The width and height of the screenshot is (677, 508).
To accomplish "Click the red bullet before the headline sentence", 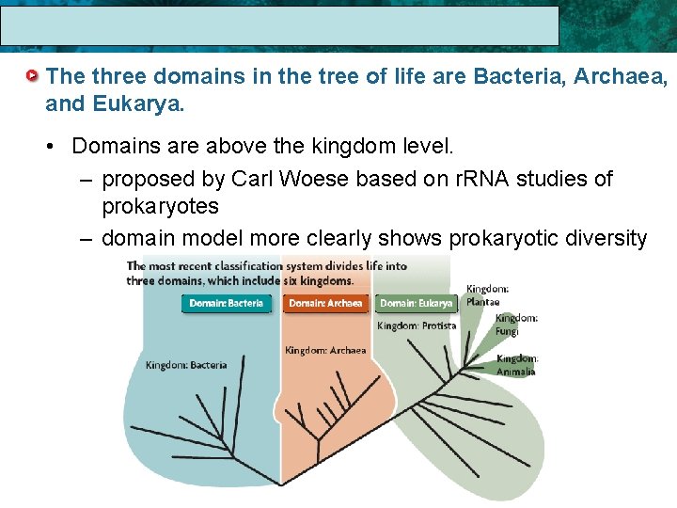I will pyautogui.click(x=34, y=75).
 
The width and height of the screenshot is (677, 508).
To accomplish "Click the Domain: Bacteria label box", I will pyautogui.click(x=227, y=304).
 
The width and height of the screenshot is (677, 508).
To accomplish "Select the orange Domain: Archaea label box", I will pyautogui.click(x=325, y=304).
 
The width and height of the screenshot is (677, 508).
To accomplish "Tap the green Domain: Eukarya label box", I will pyautogui.click(x=417, y=304).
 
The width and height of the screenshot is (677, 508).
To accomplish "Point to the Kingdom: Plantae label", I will pyautogui.click(x=487, y=295).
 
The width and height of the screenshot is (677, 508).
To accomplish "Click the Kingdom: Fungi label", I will pyautogui.click(x=516, y=325).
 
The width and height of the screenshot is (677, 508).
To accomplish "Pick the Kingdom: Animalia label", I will pyautogui.click(x=517, y=365).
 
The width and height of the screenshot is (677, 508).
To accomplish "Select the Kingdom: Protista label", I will pyautogui.click(x=417, y=325).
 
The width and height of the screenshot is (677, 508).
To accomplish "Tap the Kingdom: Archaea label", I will pyautogui.click(x=325, y=351).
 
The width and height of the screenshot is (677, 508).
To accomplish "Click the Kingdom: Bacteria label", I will pyautogui.click(x=186, y=365).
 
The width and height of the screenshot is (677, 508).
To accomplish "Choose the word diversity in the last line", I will pyautogui.click(x=607, y=239).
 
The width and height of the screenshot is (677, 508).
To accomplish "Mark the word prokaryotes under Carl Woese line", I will pyautogui.click(x=160, y=206).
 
